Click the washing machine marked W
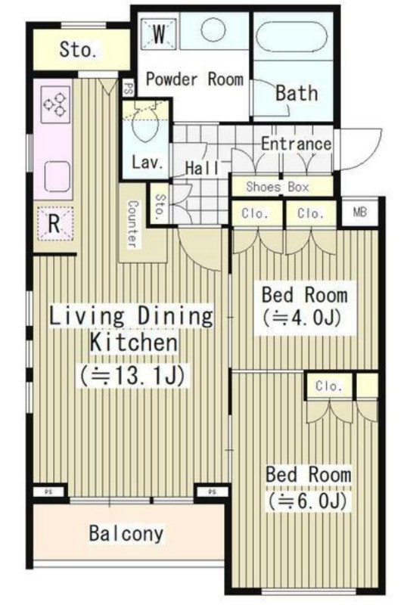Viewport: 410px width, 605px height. [x=159, y=33]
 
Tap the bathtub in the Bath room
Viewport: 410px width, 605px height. [x=291, y=36]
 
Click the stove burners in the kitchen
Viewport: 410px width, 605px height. [x=55, y=104]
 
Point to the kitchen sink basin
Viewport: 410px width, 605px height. [x=57, y=177]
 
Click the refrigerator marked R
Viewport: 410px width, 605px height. [x=54, y=223]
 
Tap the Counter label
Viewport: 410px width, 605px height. [x=132, y=223]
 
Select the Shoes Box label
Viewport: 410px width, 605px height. [x=278, y=187]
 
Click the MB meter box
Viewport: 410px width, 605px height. [x=360, y=212]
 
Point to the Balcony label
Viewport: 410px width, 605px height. [x=126, y=533]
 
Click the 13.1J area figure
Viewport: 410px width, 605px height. [x=132, y=375]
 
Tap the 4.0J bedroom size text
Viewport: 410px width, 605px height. [x=302, y=318]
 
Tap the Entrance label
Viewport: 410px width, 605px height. [x=296, y=144]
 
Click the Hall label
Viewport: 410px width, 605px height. [x=202, y=168]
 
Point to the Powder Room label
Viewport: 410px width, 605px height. [x=194, y=79]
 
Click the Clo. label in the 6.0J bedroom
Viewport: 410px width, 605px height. [x=328, y=386]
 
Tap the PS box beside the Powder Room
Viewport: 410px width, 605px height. [x=129, y=88]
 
